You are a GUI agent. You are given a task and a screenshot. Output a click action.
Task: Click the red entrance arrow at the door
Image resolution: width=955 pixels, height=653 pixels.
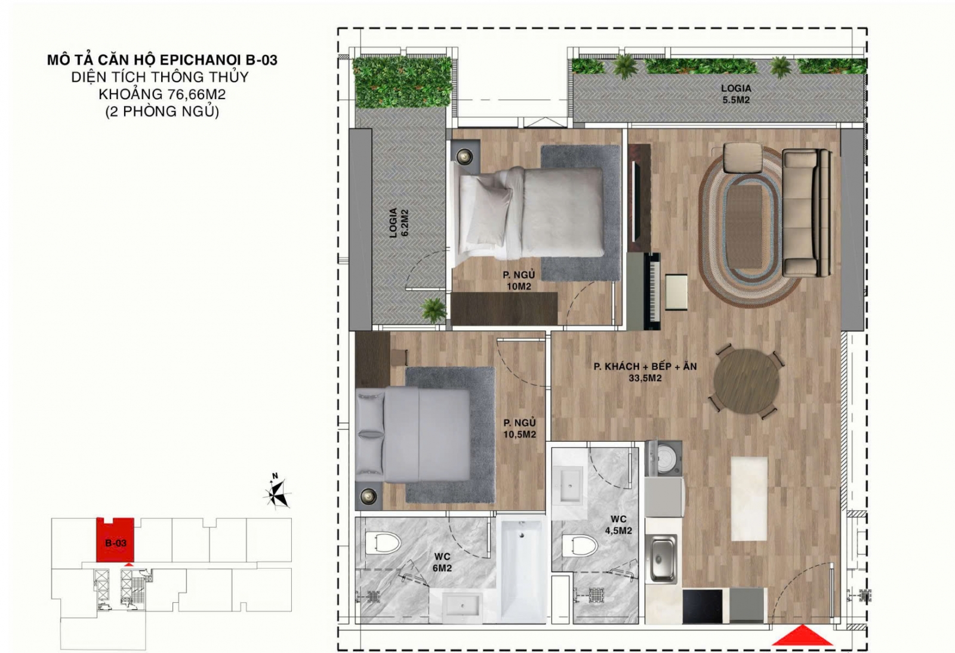(802, 635)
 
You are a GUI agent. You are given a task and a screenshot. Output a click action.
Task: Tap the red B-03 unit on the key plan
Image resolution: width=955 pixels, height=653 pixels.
(115, 540)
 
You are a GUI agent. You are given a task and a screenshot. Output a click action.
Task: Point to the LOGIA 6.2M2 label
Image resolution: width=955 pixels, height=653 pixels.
(398, 223)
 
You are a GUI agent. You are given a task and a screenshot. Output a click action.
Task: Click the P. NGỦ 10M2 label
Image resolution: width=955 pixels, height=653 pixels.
(519, 281)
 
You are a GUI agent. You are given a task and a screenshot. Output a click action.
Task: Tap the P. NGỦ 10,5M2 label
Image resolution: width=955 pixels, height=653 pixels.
(520, 429)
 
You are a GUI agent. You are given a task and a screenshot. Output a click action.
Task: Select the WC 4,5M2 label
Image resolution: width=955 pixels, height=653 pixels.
(618, 525)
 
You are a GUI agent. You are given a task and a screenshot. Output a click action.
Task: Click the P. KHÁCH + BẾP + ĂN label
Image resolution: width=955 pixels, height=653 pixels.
(645, 366)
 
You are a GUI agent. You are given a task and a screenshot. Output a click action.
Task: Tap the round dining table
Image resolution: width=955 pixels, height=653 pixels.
(747, 381)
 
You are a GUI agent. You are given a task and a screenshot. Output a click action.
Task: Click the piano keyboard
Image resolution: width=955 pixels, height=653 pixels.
(653, 291)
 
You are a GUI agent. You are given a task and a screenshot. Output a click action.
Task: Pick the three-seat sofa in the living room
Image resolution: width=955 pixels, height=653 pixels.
(807, 212)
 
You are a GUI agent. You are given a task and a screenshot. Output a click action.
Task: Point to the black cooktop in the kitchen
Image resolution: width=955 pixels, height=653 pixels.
(703, 606)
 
